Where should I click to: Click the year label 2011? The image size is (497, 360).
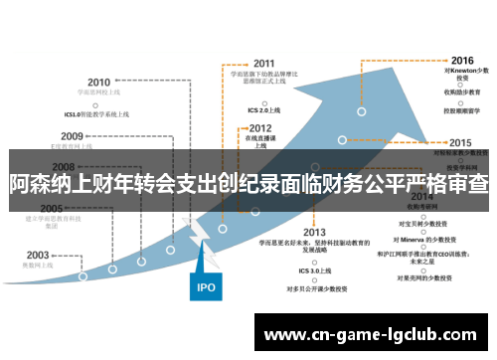pos(264,62)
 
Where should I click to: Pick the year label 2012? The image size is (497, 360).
pos(260,128)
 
